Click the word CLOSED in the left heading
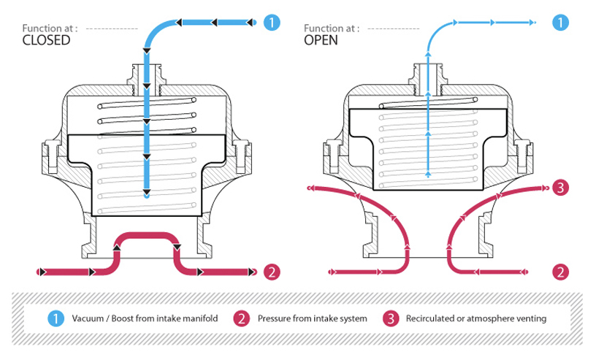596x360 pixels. tap(46, 41)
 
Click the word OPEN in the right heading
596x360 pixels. tap(321, 41)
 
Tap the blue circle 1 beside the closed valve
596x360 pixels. tap(271, 23)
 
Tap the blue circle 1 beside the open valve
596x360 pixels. tap(560, 23)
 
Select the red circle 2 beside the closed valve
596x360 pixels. tap(271, 272)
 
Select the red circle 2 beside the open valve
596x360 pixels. tap(560, 272)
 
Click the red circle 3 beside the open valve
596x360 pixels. tap(560, 188)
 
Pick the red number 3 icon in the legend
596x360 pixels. tap(391, 319)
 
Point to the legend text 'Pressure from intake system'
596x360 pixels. tap(309, 319)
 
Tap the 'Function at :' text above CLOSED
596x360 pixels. tap(50, 28)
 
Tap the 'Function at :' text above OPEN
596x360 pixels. tap(331, 28)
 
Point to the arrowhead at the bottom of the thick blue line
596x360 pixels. tap(147, 194)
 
